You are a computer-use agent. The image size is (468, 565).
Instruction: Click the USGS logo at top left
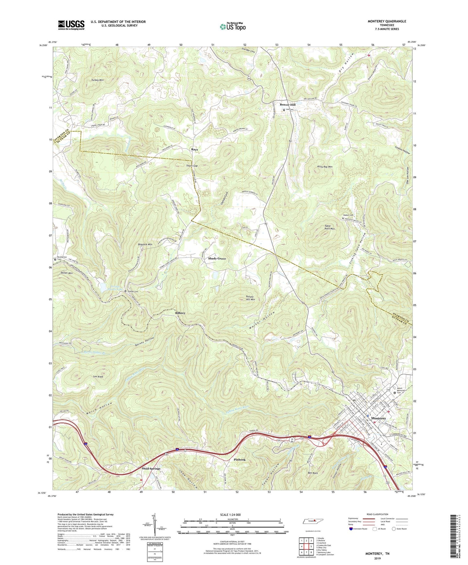click(x=71, y=25)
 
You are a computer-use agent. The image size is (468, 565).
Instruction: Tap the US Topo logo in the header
click(x=232, y=27)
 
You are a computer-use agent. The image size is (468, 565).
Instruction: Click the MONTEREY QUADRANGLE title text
click(x=387, y=21)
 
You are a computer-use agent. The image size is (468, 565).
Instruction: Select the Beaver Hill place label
click(x=288, y=105)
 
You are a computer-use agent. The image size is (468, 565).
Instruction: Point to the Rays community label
click(x=194, y=150)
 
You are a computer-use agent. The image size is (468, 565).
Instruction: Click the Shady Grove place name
click(x=217, y=259)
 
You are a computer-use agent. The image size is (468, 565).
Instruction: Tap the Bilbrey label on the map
click(x=180, y=313)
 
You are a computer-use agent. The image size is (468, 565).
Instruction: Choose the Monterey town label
click(x=378, y=418)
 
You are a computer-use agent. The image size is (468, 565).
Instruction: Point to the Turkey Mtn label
click(x=97, y=80)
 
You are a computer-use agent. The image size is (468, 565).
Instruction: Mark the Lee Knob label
click(x=98, y=377)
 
